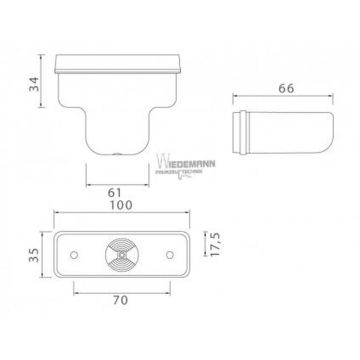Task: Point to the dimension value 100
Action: point(121,205)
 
